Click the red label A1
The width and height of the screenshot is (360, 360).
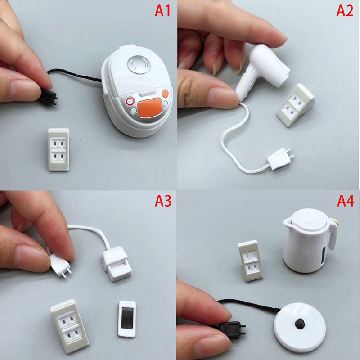click(162, 10)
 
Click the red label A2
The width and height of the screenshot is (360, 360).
click(345, 10)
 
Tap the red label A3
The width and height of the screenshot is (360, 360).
click(163, 201)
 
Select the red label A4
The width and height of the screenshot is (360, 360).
click(346, 201)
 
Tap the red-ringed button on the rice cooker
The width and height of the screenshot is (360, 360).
click(130, 101)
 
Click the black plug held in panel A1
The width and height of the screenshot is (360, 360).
click(49, 97)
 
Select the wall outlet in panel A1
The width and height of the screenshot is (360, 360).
click(58, 149)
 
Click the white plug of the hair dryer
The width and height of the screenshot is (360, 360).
click(280, 159)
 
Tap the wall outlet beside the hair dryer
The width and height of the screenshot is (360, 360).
click(295, 105)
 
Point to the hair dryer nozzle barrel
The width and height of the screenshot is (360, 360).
click(271, 64)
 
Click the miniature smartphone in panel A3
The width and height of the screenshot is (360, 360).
click(127, 319)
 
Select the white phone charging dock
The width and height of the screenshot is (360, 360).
click(117, 264)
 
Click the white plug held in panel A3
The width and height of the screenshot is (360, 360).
click(60, 266)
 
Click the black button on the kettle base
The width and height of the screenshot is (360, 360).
click(299, 323)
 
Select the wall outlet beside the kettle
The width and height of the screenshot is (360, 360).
click(250, 261)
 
